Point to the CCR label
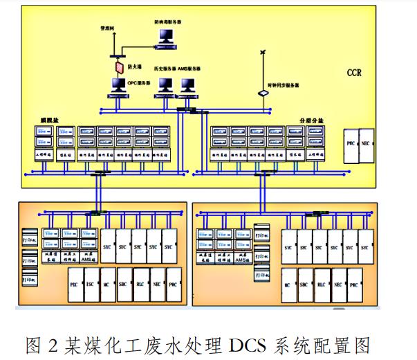(355, 71)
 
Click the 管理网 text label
(109, 29)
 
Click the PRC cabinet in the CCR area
(351, 146)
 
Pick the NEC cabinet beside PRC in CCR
(367, 146)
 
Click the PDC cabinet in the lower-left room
(74, 284)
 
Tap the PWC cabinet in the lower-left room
(174, 284)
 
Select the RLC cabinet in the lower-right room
(321, 284)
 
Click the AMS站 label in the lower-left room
(88, 259)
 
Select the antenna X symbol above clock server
(263, 53)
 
